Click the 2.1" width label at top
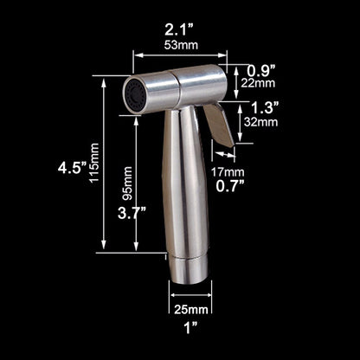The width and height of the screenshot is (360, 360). click(179, 34)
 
